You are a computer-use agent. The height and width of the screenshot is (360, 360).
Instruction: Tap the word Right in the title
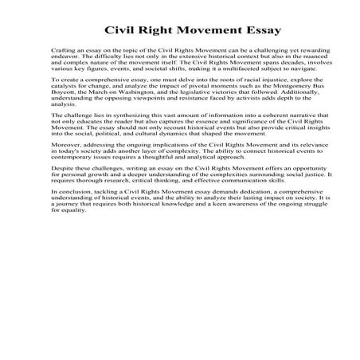pos(147,30)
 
